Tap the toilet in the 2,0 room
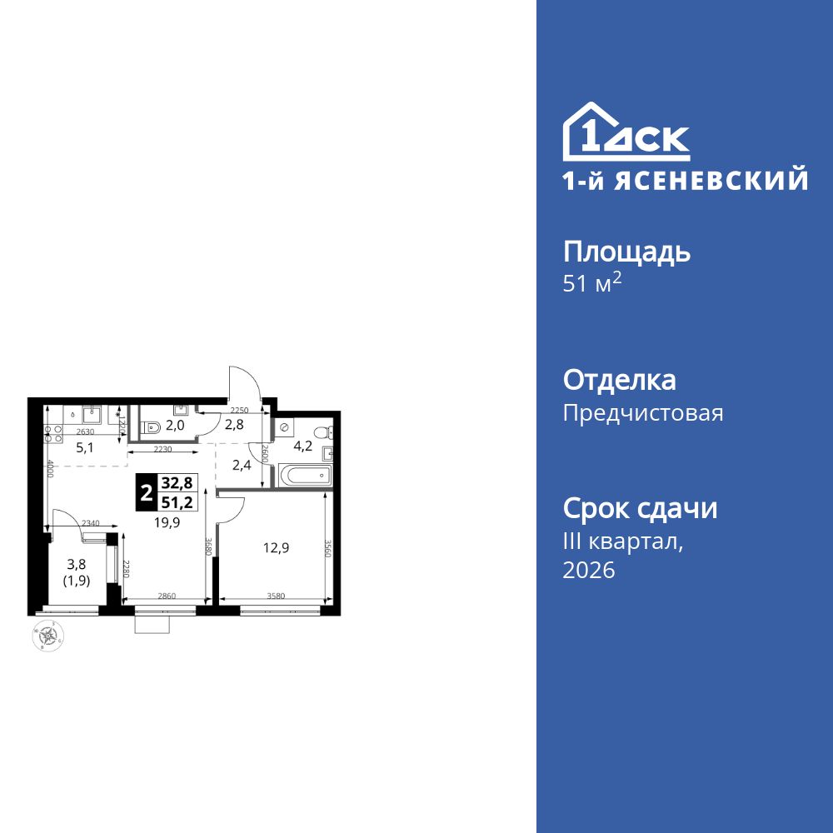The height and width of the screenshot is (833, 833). coord(151,427)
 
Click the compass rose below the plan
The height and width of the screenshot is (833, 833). coord(46,636)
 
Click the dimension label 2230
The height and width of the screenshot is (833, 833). coord(162,449)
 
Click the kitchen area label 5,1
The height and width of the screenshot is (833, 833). coord(85,446)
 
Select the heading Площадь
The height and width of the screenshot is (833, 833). coord(626,252)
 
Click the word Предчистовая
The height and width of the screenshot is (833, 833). coord(643,413)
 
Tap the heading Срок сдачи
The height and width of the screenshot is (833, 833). coord(640,508)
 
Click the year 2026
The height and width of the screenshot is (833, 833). coord(589,571)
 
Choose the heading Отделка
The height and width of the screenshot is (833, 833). coord(619,381)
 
